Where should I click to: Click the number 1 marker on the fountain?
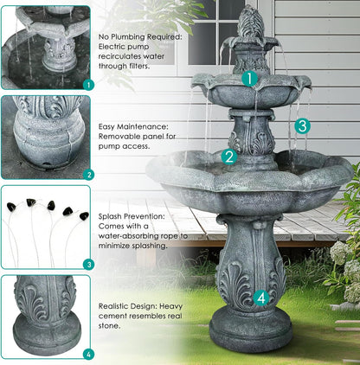pyautogui.click(x=249, y=79)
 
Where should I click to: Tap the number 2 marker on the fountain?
pyautogui.click(x=229, y=157)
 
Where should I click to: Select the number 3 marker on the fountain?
pyautogui.click(x=301, y=125)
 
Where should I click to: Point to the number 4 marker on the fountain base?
pyautogui.click(x=262, y=298)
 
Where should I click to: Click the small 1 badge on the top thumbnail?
pyautogui.click(x=87, y=85)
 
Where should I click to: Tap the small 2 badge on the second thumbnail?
pyautogui.click(x=87, y=174)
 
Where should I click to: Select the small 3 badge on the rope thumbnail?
pyautogui.click(x=87, y=264)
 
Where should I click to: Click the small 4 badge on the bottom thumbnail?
pyautogui.click(x=87, y=353)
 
